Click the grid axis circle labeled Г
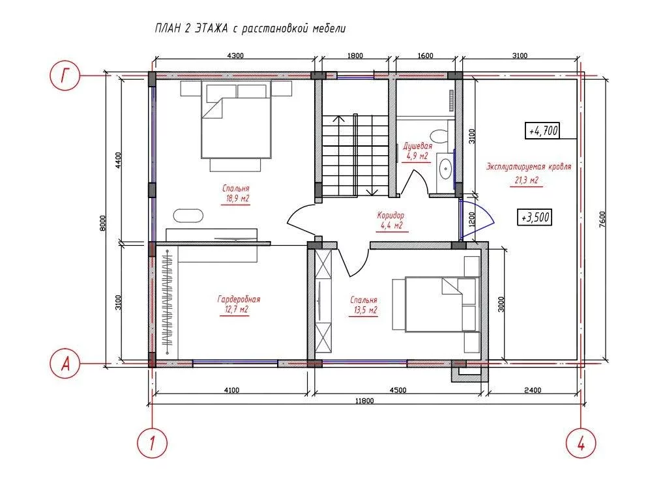click(65, 76)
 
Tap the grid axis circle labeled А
click(65, 363)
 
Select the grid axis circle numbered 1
click(152, 443)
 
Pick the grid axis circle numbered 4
click(581, 443)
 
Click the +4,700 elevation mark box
click(542, 130)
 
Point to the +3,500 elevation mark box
click(535, 217)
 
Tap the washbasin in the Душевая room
click(445, 169)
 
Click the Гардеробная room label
click(239, 299)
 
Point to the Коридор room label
click(390, 216)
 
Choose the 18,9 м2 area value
click(236, 199)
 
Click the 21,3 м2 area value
click(527, 181)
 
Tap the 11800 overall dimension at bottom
click(364, 401)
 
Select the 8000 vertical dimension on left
click(103, 224)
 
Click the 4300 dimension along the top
click(235, 55)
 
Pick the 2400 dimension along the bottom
click(533, 390)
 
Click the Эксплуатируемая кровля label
click(529, 167)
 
